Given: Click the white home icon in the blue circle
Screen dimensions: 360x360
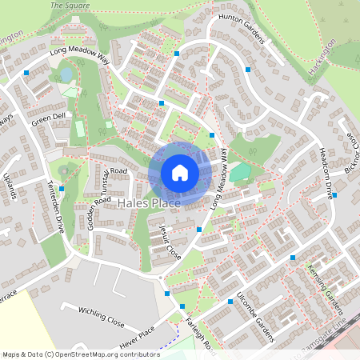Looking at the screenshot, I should (x=180, y=172).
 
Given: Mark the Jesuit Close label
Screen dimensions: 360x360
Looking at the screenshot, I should (x=169, y=242).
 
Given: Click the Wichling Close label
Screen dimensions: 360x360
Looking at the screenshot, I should (x=101, y=317).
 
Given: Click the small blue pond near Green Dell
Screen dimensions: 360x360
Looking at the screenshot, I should (x=66, y=74).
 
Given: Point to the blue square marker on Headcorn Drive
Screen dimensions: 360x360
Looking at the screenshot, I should (x=334, y=195).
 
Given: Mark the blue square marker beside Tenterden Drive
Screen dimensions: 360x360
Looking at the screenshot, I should (x=62, y=189).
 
